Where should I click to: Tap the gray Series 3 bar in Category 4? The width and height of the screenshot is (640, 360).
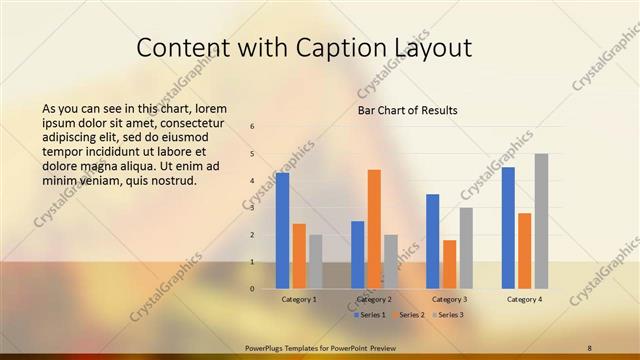pyautogui.click(x=541, y=220)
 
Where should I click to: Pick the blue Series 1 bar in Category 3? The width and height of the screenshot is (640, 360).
pyautogui.click(x=433, y=240)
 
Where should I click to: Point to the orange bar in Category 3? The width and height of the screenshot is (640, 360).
pyautogui.click(x=450, y=263)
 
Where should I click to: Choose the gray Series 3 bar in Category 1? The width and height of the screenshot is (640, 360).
pyautogui.click(x=316, y=261)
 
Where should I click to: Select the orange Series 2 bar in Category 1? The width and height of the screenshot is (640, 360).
pyautogui.click(x=299, y=255)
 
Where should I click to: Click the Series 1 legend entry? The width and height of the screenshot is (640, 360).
pyautogui.click(x=369, y=315)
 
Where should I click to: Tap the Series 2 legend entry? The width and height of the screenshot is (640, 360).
pyautogui.click(x=409, y=315)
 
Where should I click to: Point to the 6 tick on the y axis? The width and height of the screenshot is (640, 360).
pyautogui.click(x=253, y=126)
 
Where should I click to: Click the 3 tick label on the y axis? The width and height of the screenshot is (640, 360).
pyautogui.click(x=253, y=208)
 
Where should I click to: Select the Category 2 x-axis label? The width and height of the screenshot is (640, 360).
pyautogui.click(x=374, y=299)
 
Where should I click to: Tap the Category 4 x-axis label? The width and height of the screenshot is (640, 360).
pyautogui.click(x=524, y=299)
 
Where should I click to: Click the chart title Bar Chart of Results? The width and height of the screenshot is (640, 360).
pyautogui.click(x=408, y=110)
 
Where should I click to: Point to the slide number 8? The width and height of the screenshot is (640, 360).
pyautogui.click(x=589, y=347)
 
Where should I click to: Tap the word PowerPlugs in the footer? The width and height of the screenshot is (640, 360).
pyautogui.click(x=267, y=347)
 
